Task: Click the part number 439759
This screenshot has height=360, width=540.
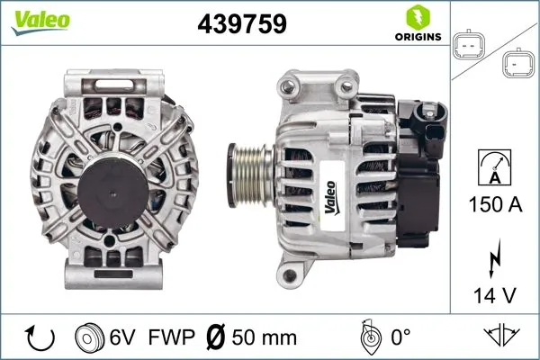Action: [x=241, y=24]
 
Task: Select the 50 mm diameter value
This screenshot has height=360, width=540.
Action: [x=263, y=337]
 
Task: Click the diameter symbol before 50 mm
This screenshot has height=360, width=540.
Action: [x=214, y=337]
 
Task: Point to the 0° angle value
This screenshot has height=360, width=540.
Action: [x=402, y=337]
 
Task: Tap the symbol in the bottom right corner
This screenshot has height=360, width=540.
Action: [x=502, y=337]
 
